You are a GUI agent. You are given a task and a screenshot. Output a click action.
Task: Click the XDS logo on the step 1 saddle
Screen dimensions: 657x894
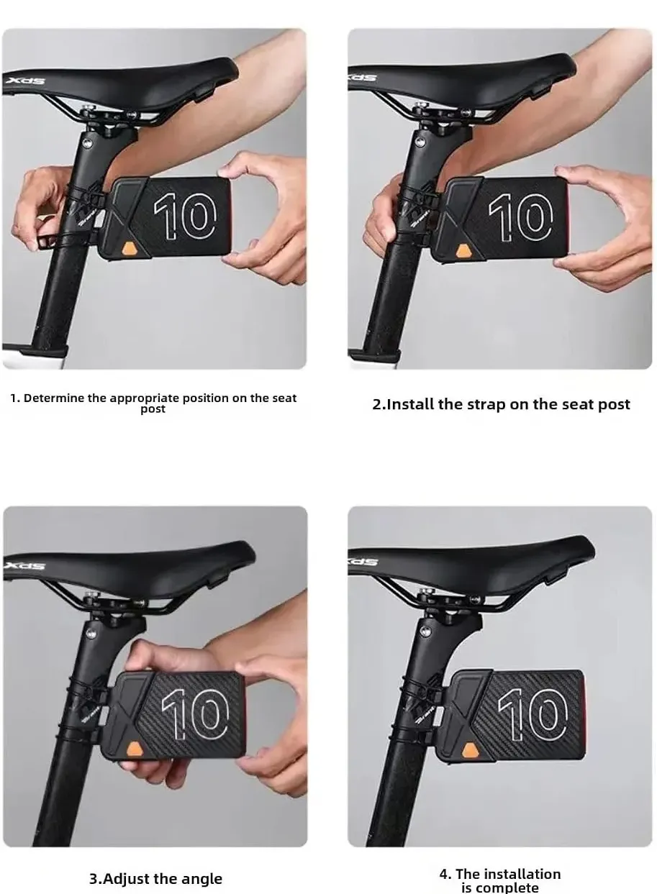point(26,81)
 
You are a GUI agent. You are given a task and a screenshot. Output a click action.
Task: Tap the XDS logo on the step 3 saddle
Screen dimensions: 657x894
point(24,565)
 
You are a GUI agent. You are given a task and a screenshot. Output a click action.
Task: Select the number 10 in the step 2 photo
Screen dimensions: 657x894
point(521,218)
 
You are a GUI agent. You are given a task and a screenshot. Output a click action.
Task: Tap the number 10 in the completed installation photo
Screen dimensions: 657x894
point(533,714)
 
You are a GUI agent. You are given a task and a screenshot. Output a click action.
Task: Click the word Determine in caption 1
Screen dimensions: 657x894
point(54,398)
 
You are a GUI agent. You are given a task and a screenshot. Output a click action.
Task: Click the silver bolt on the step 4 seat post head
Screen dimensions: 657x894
point(427,631)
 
